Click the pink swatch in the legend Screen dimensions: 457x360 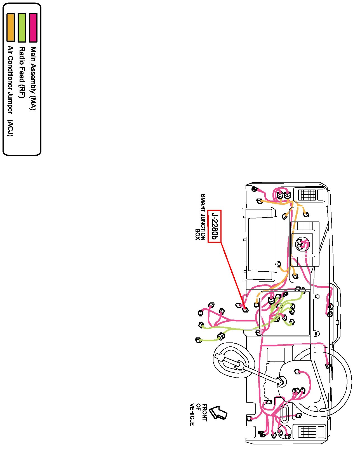tap(33, 27)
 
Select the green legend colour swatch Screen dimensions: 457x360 tap(22, 27)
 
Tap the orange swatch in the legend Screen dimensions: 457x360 tap(11, 27)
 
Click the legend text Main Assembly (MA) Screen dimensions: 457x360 tap(33, 78)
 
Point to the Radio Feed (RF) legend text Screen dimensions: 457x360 tap(22, 73)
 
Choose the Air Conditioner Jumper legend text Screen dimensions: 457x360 tap(10, 80)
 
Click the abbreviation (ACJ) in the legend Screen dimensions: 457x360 tap(10, 128)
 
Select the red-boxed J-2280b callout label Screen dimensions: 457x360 tap(215, 226)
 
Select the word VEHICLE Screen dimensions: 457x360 tap(192, 414)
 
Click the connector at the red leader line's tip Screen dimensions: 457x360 tap(245, 310)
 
